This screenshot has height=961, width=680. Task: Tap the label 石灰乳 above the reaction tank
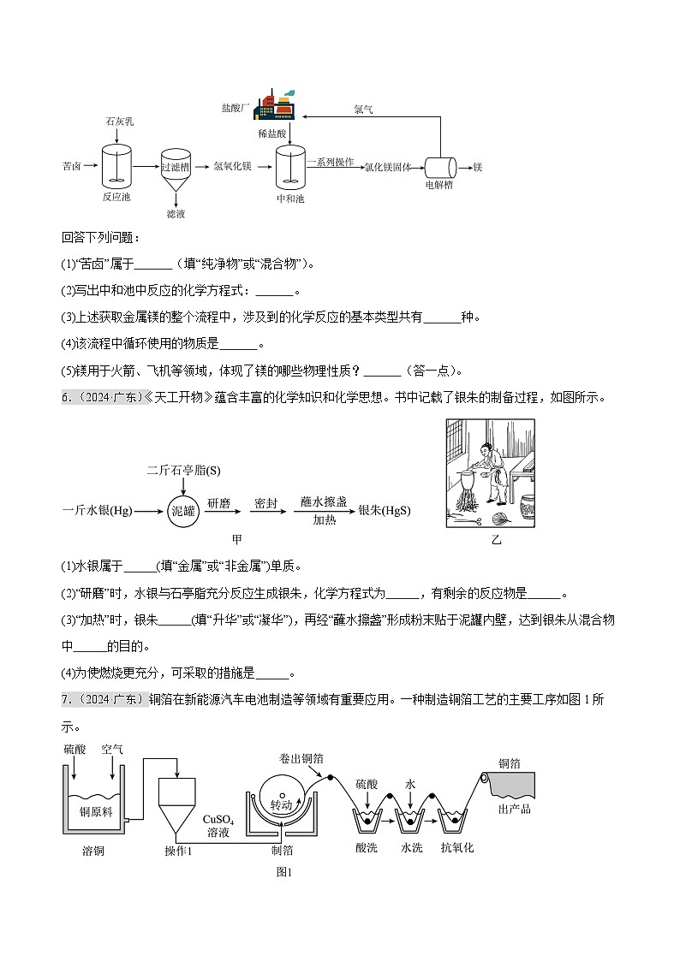click(118, 122)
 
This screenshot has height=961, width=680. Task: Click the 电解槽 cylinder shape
click(440, 168)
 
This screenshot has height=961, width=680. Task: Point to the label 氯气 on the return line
click(363, 110)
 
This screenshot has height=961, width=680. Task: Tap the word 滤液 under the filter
click(176, 214)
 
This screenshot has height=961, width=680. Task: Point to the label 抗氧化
click(456, 848)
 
